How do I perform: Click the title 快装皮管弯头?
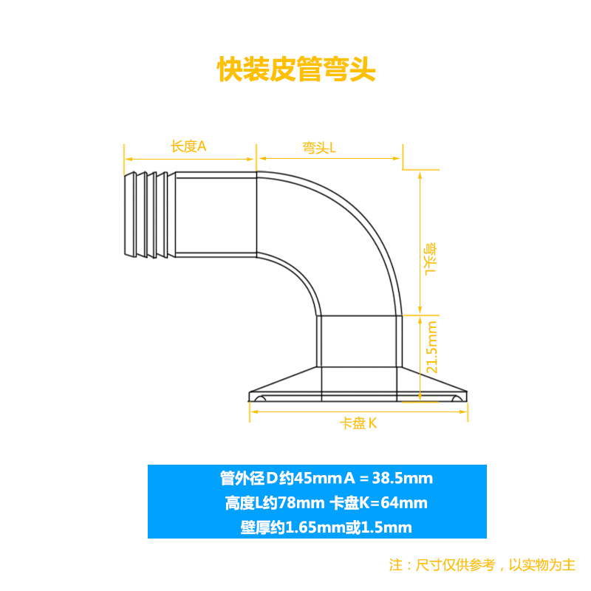[296, 70]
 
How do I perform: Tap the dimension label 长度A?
[188, 146]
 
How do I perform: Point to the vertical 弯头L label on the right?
[431, 259]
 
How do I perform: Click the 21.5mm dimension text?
[432, 346]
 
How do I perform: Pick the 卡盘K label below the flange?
[359, 424]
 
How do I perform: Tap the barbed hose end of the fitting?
[148, 216]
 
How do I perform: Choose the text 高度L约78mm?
[274, 504]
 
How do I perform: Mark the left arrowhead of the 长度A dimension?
[126, 158]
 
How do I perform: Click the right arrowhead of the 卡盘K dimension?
[465, 414]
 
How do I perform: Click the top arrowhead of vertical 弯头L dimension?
[420, 174]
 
